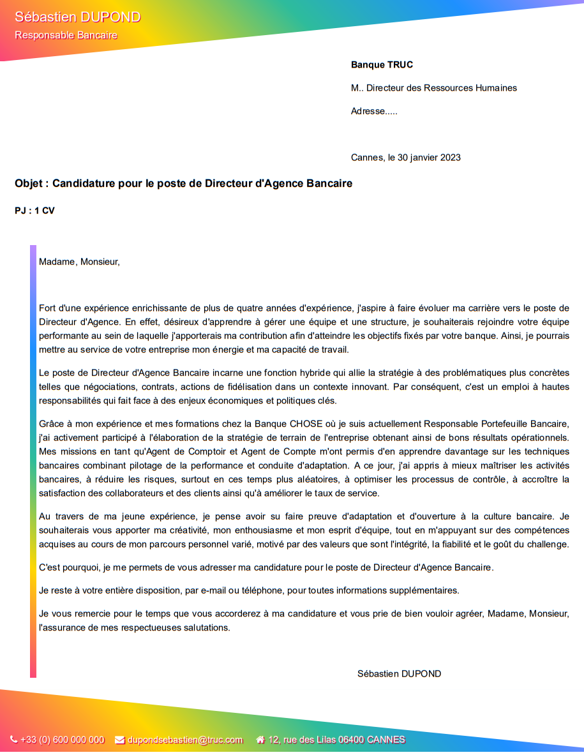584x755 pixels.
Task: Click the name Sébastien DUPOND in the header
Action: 77,17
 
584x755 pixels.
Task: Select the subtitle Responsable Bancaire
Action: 66,35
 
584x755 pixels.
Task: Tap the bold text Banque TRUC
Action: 382,64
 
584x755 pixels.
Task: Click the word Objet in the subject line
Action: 29,184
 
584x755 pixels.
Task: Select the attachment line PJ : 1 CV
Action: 34,211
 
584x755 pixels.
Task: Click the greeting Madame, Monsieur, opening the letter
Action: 79,262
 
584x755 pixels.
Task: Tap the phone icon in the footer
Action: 14,740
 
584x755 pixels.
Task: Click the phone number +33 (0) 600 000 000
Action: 62,740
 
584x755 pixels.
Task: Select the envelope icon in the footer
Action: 119,740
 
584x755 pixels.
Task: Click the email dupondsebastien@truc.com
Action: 185,740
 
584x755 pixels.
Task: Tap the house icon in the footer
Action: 260,740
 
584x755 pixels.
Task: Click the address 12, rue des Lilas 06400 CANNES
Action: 336,740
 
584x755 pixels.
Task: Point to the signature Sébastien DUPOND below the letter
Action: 399,674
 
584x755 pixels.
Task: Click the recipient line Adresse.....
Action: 374,112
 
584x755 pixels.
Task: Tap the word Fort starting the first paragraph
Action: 47,308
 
